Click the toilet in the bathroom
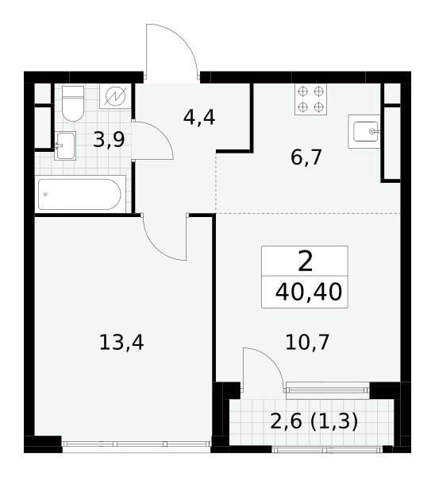click(x=72, y=103)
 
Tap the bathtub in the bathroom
click(x=80, y=194)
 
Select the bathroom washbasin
click(x=65, y=145)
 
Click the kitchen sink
click(x=364, y=131)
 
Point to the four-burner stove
click(x=310, y=99)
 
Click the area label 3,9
click(x=109, y=140)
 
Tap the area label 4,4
click(x=199, y=118)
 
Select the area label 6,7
click(x=306, y=157)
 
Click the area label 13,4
click(x=121, y=342)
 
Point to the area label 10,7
click(x=307, y=342)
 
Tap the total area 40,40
click(x=309, y=292)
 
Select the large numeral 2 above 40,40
click(x=306, y=262)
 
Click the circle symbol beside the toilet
click(x=115, y=96)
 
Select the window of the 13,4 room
click(x=137, y=444)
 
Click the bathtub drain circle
click(x=45, y=195)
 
